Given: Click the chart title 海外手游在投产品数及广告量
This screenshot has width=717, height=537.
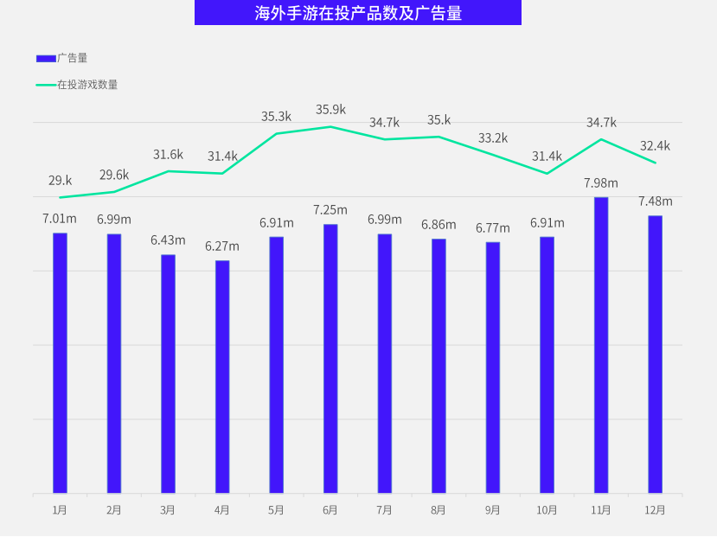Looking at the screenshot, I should click(358, 13).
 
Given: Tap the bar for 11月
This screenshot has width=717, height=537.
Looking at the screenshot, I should click(601, 346).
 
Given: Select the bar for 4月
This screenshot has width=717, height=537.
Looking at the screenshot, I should click(222, 377).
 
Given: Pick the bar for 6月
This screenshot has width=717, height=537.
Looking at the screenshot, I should click(330, 359).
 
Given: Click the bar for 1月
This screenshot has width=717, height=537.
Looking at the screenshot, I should click(60, 363).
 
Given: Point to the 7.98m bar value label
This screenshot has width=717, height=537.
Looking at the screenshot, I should click(601, 182).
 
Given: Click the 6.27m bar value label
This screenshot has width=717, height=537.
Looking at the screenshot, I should click(222, 246).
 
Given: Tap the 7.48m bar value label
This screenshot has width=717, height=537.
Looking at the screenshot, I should click(656, 201).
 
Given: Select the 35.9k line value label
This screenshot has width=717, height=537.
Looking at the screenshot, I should click(330, 109).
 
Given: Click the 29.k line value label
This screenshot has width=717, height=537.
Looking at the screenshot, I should click(60, 180).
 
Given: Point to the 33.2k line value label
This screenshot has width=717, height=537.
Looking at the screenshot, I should click(493, 137).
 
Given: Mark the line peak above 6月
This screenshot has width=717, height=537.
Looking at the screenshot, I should click(330, 127).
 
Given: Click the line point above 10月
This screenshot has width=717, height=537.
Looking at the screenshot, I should click(547, 173).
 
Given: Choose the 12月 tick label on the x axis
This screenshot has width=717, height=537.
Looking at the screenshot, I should click(656, 510).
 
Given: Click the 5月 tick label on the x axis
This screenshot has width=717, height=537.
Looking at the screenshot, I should click(277, 510).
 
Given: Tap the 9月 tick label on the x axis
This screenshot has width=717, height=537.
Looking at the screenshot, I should click(493, 510).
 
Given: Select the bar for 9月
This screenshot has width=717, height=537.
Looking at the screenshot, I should click(493, 368).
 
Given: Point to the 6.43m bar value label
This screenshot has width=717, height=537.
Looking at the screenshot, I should click(168, 240).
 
